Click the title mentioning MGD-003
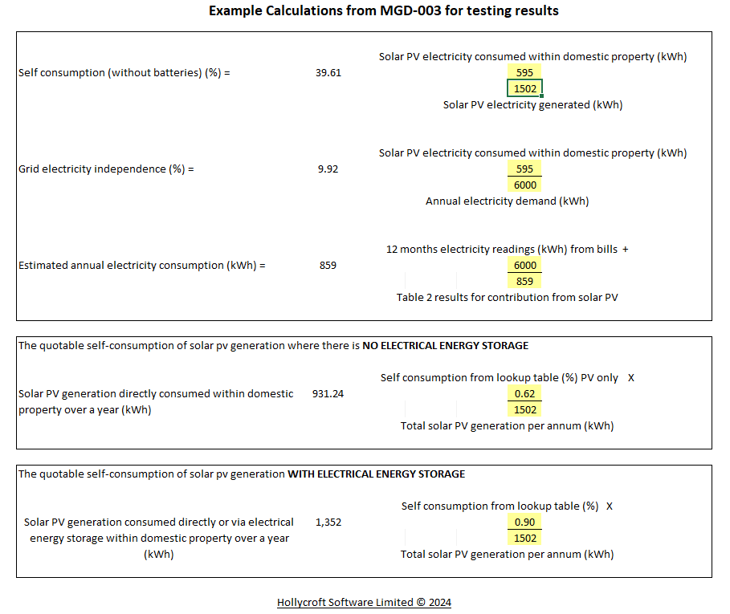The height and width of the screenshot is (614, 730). point(383,11)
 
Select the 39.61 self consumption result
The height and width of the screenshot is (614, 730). point(328,73)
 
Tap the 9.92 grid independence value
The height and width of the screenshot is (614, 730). point(328,169)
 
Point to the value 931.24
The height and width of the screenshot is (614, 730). point(328,394)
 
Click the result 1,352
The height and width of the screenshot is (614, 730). point(328,523)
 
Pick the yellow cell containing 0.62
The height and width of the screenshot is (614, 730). point(525,394)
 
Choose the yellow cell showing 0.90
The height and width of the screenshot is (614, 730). point(525,523)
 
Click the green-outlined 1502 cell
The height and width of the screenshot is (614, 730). point(525,89)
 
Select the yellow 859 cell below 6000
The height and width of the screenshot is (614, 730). point(525,282)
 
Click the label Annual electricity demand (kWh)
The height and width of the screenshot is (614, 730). point(507,201)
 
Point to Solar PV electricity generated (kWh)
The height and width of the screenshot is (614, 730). point(532,105)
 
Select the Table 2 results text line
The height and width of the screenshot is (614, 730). point(507,298)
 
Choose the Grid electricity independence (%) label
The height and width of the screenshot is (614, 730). point(106,169)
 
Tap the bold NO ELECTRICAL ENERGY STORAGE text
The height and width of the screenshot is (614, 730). point(445,346)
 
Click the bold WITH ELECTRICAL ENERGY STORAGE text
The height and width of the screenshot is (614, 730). point(376,474)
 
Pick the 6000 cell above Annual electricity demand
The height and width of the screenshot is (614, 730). point(525,185)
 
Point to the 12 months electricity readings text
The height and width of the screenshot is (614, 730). point(507,250)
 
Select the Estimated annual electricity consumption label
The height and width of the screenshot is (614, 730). point(141,266)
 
